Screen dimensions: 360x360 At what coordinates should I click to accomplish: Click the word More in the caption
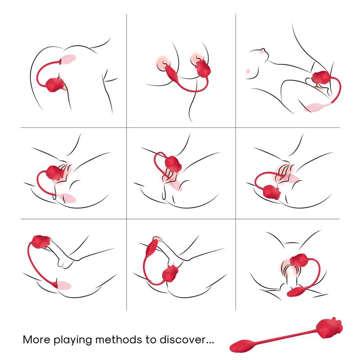click(36, 340)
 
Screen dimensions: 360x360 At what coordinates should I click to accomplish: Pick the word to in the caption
click(151, 340)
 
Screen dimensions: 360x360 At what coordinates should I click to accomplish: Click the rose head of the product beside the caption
click(329, 327)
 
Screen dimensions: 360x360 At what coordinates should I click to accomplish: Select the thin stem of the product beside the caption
click(285, 336)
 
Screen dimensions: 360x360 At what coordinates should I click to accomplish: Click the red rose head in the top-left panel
click(55, 85)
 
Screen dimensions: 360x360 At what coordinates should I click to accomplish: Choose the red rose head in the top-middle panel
click(202, 68)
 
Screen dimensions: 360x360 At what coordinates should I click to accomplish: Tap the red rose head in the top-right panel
click(321, 77)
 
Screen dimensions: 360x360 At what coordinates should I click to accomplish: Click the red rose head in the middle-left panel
click(55, 172)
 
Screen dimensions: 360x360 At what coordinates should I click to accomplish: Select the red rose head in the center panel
click(173, 164)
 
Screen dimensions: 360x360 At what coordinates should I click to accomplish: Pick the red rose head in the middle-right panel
click(272, 192)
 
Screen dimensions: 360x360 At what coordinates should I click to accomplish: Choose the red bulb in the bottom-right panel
click(296, 292)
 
